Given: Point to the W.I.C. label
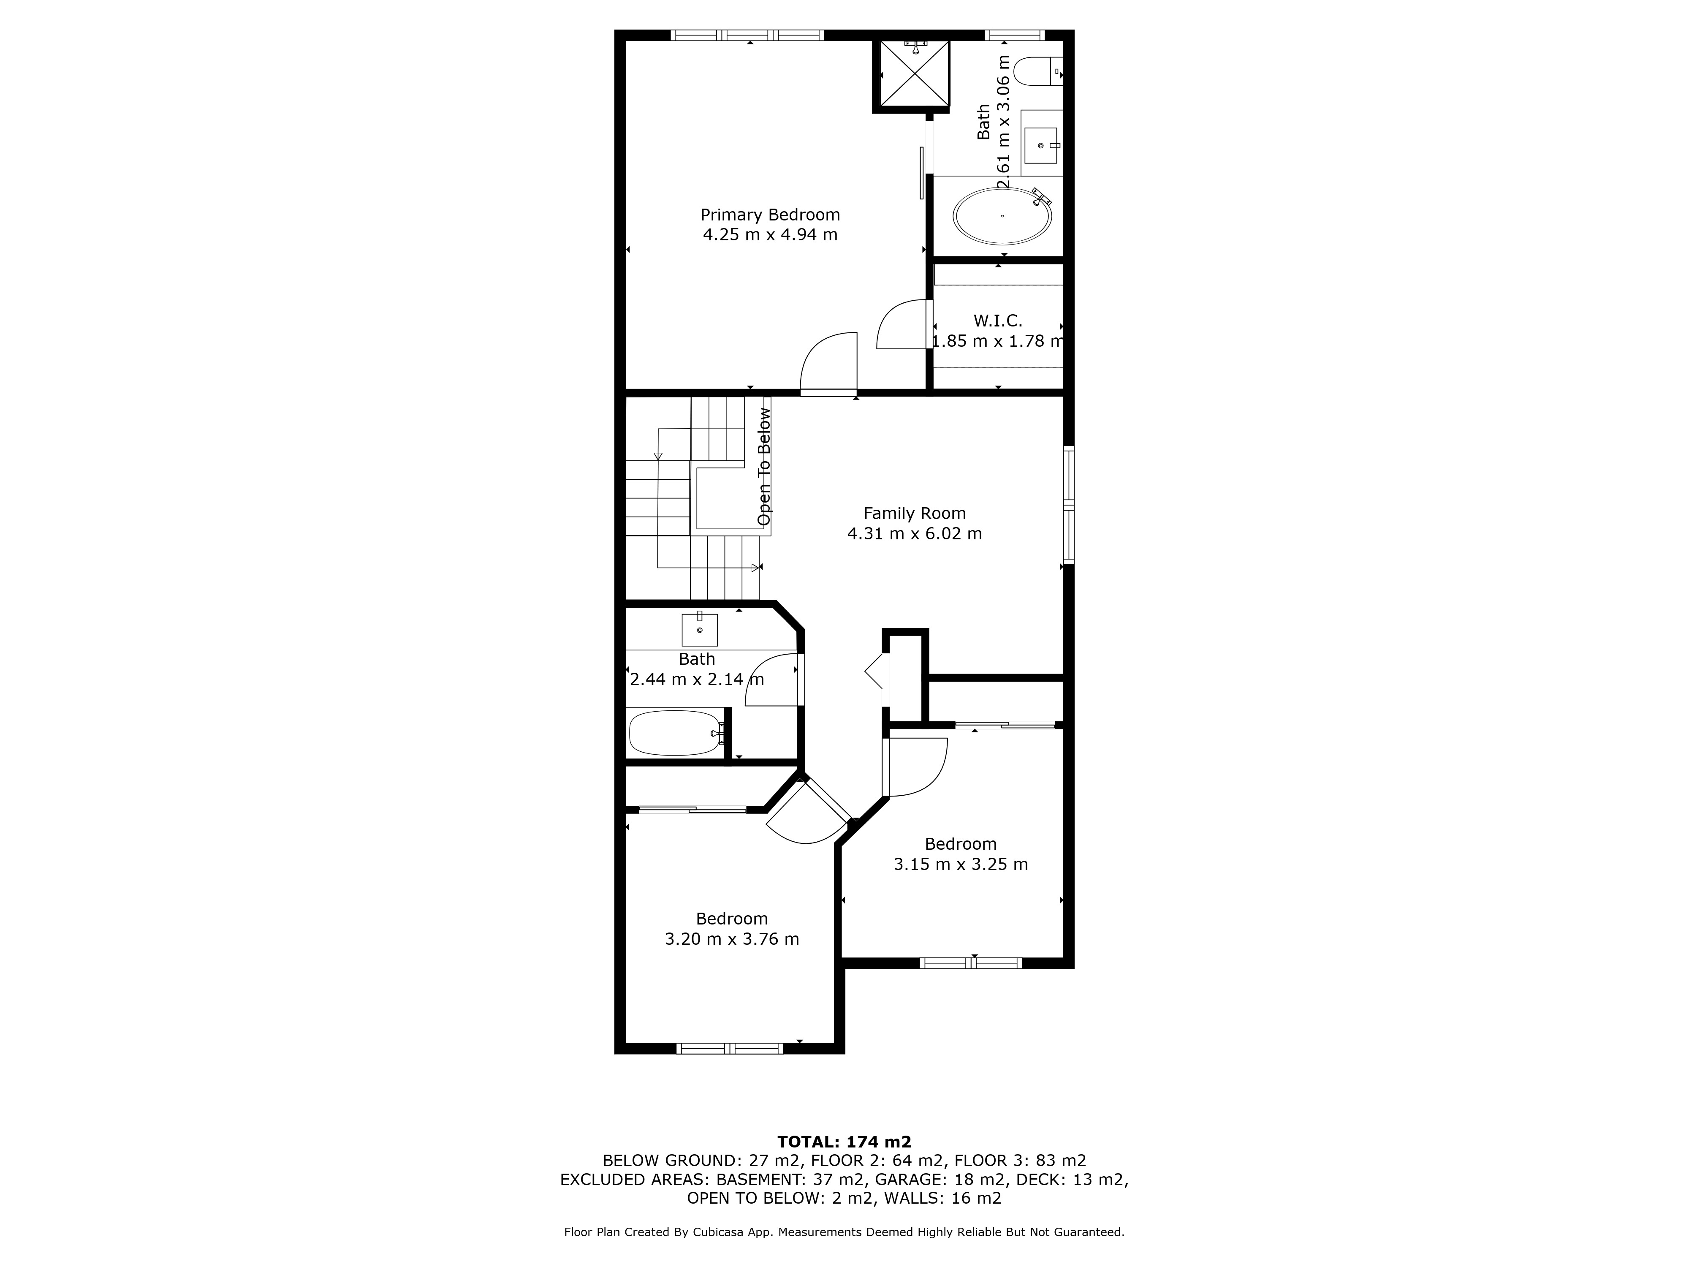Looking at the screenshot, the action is [997, 321].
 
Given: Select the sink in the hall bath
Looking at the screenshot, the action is [699, 629].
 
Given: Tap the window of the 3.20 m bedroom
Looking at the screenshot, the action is [730, 1049].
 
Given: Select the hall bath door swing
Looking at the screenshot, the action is [773, 680].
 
